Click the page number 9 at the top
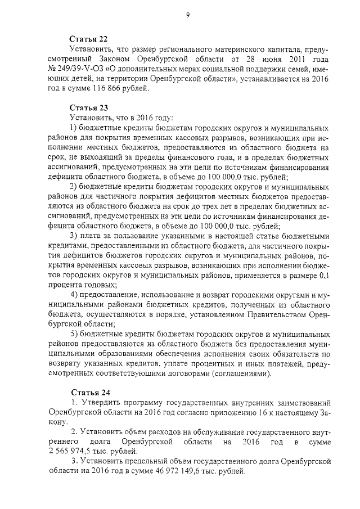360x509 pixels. (187, 13)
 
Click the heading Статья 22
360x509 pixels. (88, 39)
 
